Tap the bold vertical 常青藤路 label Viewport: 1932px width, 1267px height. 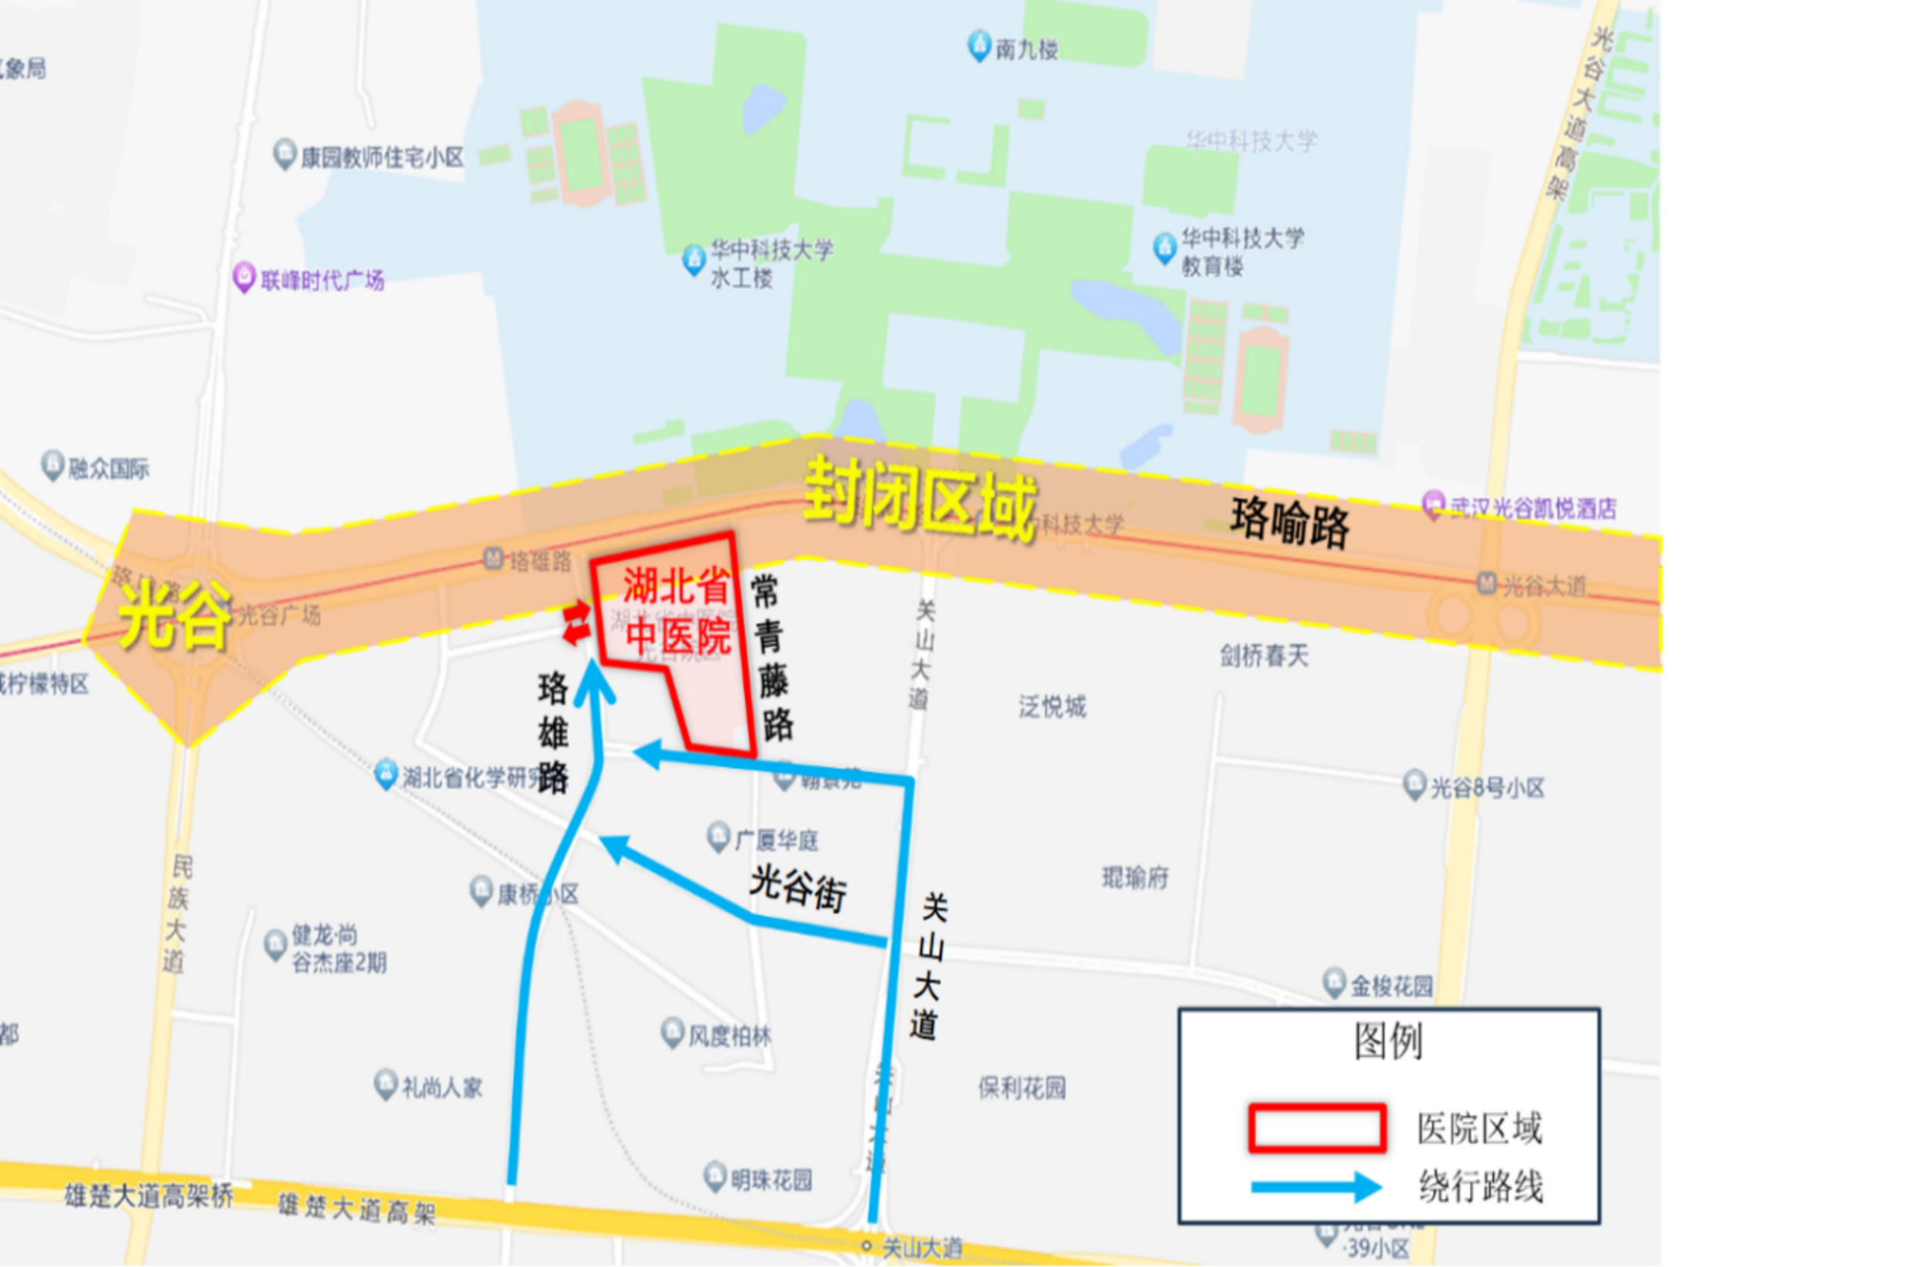771,657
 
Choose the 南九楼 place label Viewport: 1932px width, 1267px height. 1025,49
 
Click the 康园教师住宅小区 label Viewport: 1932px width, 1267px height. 381,157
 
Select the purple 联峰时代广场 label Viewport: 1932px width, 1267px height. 322,281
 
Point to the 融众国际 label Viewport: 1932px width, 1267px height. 108,468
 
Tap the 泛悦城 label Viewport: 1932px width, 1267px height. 1052,707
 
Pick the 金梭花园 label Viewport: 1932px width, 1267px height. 1390,986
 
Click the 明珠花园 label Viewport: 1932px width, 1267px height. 770,1179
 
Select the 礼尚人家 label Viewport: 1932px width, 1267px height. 441,1088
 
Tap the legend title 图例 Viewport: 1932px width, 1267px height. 1388,1041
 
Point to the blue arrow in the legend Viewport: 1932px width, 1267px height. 1316,1187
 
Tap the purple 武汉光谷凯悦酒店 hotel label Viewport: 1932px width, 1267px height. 1532,508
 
